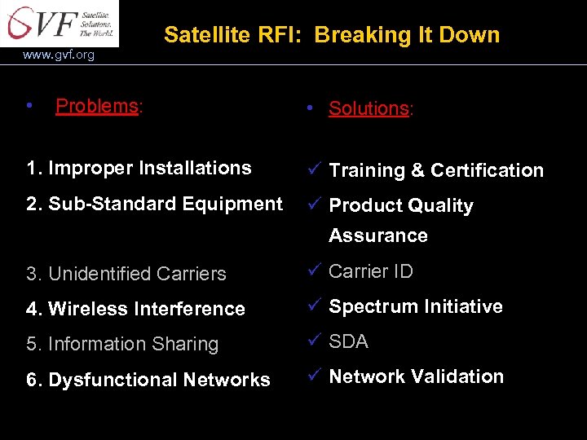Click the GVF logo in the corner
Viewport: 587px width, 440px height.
pyautogui.click(x=59, y=23)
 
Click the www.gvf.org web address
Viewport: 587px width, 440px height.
pyautogui.click(x=59, y=55)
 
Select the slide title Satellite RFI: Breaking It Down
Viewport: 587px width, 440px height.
pyautogui.click(x=331, y=35)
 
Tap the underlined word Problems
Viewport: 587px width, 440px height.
pyautogui.click(x=97, y=106)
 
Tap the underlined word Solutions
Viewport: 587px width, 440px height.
pyautogui.click(x=369, y=108)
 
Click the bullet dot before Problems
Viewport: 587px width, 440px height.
pyautogui.click(x=29, y=106)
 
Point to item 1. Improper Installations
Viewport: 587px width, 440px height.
pyautogui.click(x=139, y=168)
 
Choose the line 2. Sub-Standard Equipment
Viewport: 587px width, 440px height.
pyautogui.click(x=154, y=204)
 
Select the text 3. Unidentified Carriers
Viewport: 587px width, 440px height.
pyautogui.click(x=126, y=274)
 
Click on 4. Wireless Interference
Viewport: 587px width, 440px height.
pyautogui.click(x=135, y=309)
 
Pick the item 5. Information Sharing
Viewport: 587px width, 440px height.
pyautogui.click(x=122, y=344)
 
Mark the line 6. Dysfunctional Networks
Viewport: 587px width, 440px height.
pyautogui.click(x=148, y=380)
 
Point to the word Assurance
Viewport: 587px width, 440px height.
pyautogui.click(x=377, y=235)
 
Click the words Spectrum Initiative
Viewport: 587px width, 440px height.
pyautogui.click(x=415, y=306)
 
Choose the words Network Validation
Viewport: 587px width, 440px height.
pyautogui.click(x=416, y=376)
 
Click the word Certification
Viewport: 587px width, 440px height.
pyautogui.click(x=487, y=170)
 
